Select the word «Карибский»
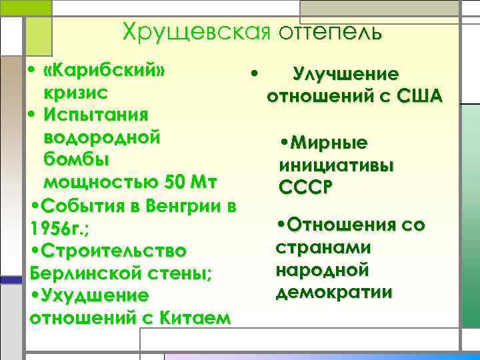(x=103, y=71)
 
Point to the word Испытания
(x=96, y=115)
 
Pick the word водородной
(x=101, y=137)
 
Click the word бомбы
(x=75, y=160)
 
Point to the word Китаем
(x=197, y=317)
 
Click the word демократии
(x=333, y=292)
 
